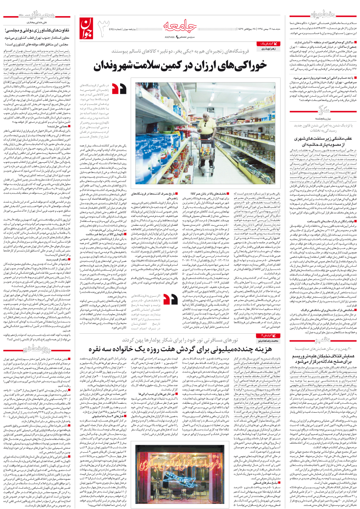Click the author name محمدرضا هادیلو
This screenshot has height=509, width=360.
click(x=267, y=341)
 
